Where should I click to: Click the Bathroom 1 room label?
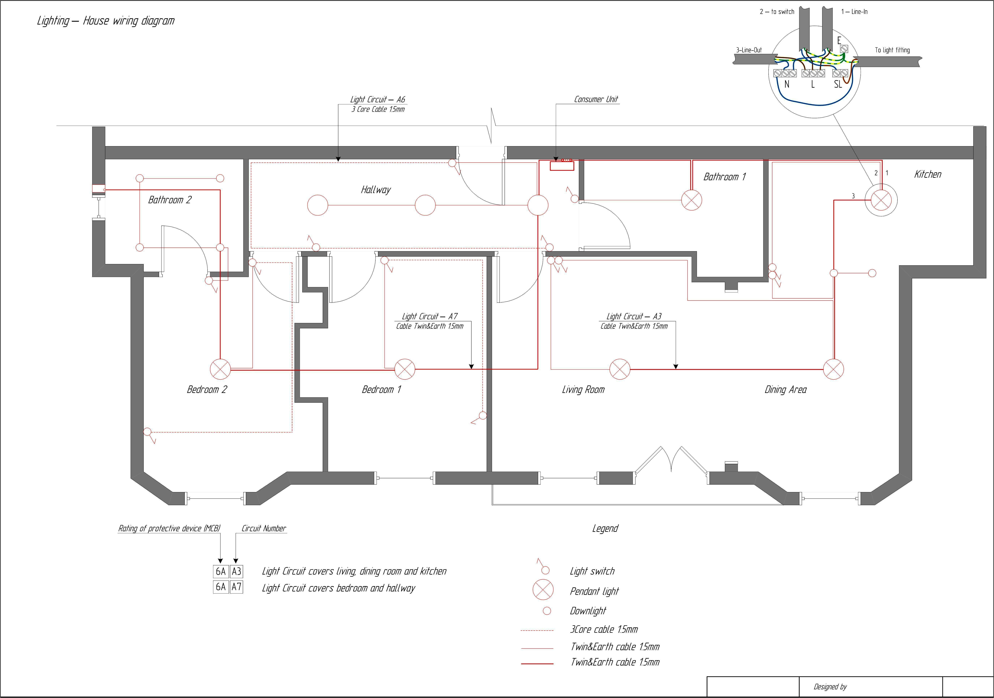(724, 177)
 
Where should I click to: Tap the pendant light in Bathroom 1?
(691, 200)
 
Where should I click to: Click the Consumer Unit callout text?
(596, 99)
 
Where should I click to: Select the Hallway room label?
(375, 190)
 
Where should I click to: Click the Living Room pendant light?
(619, 369)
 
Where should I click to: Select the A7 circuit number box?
(236, 587)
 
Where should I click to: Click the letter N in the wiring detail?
(787, 84)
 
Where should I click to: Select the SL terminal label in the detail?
(838, 84)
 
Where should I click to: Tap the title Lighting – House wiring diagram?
(106, 21)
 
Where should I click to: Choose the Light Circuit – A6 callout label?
(377, 100)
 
